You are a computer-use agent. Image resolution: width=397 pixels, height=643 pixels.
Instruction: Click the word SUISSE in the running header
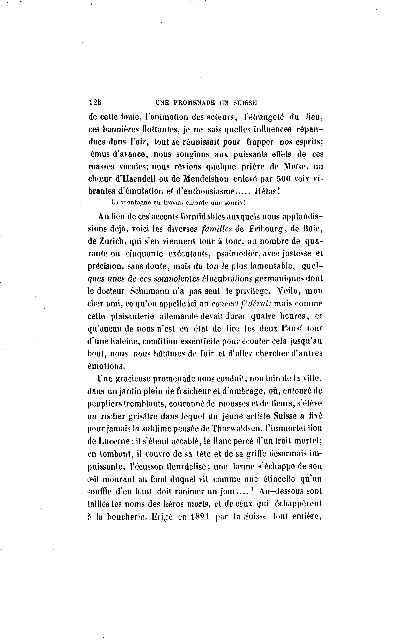(x=245, y=103)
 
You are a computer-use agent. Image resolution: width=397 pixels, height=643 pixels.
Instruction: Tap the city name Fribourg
(x=266, y=229)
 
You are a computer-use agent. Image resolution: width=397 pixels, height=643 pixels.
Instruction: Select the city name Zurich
(x=112, y=241)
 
